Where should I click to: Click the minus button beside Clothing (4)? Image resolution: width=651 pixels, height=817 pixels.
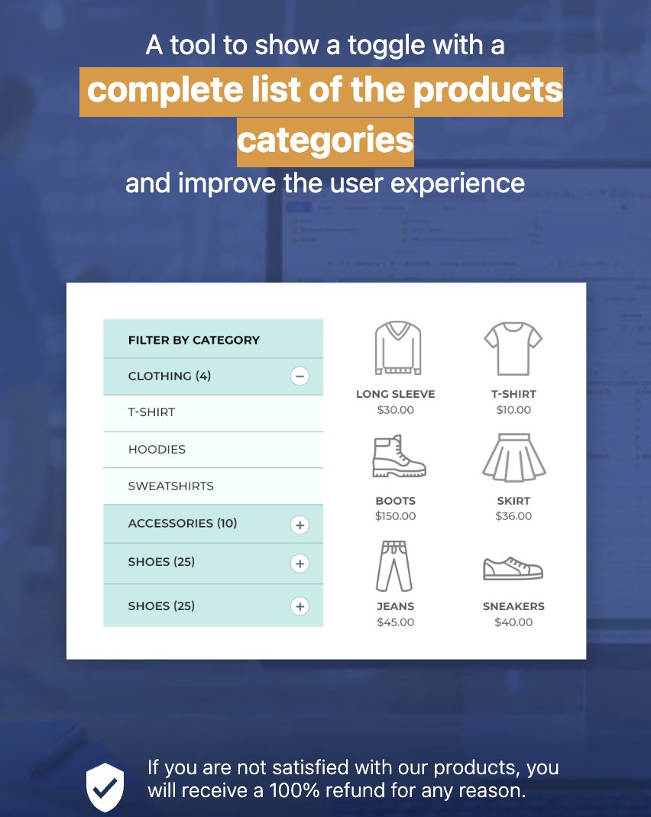pos(300,376)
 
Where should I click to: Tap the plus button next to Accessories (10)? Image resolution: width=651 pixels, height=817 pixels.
pos(300,525)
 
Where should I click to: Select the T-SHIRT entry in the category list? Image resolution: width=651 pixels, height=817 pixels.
pos(151,412)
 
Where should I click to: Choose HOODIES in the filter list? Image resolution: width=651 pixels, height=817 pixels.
pos(157,450)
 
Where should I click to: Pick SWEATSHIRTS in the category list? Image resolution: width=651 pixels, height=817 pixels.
pos(170,486)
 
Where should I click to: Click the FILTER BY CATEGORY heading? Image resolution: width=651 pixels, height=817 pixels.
pos(194,340)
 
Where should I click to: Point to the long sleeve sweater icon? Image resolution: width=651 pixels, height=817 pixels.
pos(397,348)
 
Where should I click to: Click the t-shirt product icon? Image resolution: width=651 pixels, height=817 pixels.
pos(513,348)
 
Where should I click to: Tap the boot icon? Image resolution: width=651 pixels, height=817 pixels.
pos(397,457)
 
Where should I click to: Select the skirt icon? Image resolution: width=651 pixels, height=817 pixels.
pos(513,458)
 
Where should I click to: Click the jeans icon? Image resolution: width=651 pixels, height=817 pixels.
pos(395,566)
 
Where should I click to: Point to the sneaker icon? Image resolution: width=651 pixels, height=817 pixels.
pos(513,568)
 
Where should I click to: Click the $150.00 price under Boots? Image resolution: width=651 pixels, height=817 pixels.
pos(396,516)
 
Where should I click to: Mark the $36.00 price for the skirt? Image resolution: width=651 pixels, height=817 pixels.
pos(513,516)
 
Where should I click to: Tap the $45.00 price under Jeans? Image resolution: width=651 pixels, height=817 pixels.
pos(396,622)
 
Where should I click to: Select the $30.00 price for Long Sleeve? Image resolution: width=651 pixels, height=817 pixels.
pos(396,410)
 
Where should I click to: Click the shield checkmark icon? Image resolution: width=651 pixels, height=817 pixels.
pos(105,786)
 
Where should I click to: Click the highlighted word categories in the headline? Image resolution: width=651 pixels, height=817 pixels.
pos(325,140)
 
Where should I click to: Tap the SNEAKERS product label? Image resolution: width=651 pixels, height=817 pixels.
pos(513,606)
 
